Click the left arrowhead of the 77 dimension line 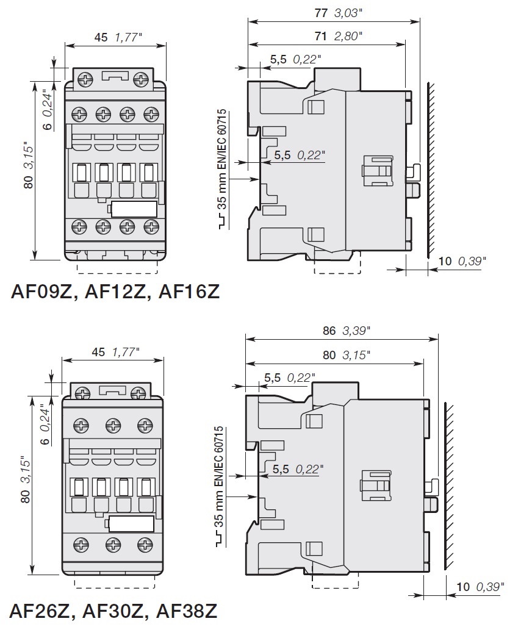tap(249, 21)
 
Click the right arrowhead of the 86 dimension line tap(437, 339)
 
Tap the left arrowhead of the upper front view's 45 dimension tap(66, 46)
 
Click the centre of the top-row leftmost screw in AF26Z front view tap(81, 426)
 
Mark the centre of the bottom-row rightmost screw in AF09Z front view tap(151, 226)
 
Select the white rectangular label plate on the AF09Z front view tap(134, 209)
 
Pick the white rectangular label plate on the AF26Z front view tap(131, 524)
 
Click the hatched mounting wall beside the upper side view tap(431, 170)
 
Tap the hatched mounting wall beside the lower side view tap(448, 486)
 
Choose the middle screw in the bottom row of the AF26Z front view tap(113, 545)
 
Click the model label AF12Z tap(115, 292)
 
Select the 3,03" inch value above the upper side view tap(348, 13)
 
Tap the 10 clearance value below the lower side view tap(463, 587)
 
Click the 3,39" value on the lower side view tap(356, 331)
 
